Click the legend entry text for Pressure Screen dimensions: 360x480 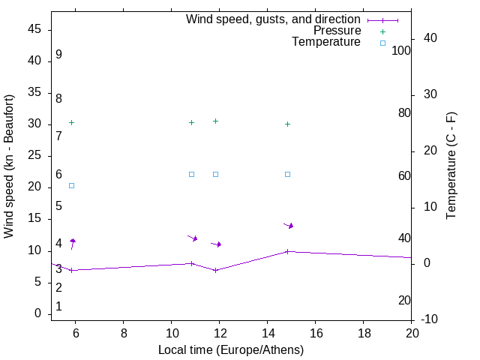click(337, 31)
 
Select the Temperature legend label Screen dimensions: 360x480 click(326, 42)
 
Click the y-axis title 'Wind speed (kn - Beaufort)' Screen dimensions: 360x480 click(9, 166)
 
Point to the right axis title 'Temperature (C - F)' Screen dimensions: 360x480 click(451, 166)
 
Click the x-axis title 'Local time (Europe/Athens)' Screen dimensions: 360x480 click(231, 349)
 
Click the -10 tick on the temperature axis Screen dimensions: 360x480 click(431, 319)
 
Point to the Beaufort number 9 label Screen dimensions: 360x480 click(58, 55)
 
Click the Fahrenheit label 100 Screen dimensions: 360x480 click(401, 50)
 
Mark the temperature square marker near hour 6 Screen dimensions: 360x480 click(71, 185)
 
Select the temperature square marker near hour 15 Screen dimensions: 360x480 click(287, 174)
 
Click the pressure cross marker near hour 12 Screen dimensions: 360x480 click(215, 121)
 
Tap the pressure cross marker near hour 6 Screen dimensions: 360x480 click(71, 122)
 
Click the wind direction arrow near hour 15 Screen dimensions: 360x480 click(289, 225)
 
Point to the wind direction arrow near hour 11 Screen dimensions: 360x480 click(193, 238)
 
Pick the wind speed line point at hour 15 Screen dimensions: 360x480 click(287, 251)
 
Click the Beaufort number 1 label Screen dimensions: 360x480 click(58, 307)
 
